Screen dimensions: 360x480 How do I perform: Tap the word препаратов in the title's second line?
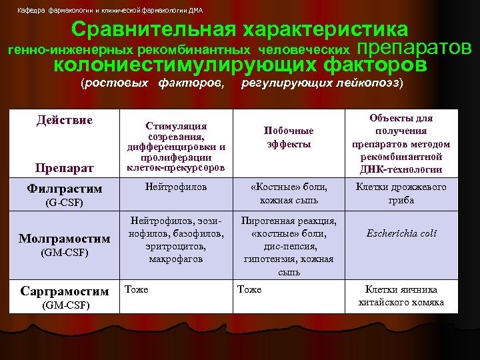tap(415, 48)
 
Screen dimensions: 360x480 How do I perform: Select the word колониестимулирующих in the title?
tap(185, 65)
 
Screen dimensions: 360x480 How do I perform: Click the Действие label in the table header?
tap(65, 120)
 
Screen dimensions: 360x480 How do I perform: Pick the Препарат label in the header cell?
tap(65, 167)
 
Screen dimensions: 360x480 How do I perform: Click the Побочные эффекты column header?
tap(289, 137)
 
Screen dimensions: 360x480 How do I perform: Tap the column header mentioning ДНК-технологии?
tap(401, 144)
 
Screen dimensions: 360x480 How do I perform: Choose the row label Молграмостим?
tap(64, 238)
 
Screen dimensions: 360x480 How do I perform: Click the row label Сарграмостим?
tap(65, 291)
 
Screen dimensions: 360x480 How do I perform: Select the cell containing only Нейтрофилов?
tap(176, 188)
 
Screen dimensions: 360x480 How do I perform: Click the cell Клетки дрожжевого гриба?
tap(401, 194)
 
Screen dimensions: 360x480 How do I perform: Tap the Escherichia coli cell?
tap(401, 233)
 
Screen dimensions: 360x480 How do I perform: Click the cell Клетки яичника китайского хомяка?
tap(401, 295)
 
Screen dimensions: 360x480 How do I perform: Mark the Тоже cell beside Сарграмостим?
tap(137, 289)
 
